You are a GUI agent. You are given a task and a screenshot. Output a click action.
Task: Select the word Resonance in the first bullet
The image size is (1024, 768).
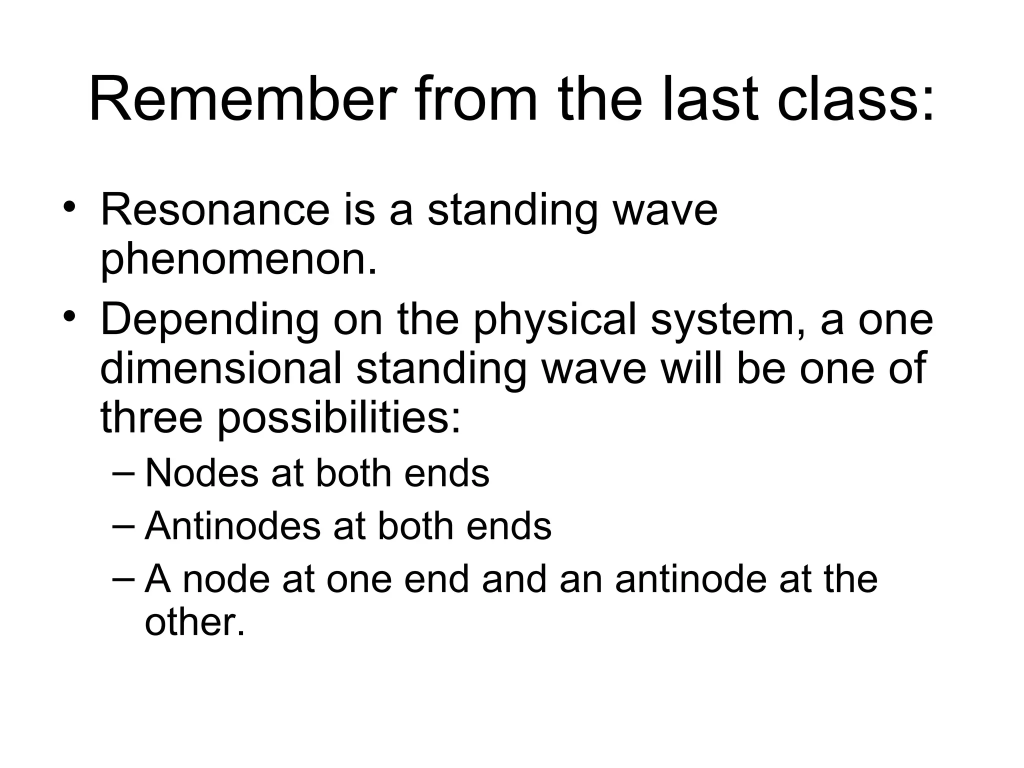pyautogui.click(x=215, y=210)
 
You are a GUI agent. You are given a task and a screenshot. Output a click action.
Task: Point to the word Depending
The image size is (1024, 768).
pyautogui.click(x=209, y=320)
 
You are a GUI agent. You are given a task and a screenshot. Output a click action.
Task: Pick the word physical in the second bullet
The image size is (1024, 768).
pyautogui.click(x=555, y=320)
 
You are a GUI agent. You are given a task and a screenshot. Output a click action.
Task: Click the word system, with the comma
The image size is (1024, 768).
pyautogui.click(x=728, y=320)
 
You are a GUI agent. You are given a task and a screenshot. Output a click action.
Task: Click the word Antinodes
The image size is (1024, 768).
pyautogui.click(x=232, y=526)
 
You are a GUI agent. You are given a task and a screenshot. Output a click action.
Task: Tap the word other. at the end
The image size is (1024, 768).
pyautogui.click(x=194, y=622)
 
